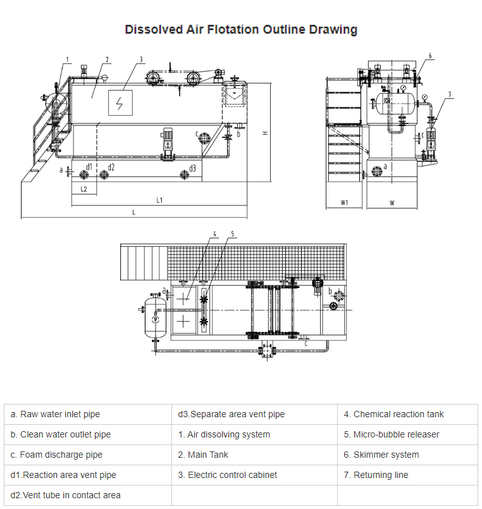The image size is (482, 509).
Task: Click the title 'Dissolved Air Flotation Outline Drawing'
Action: click(240, 30)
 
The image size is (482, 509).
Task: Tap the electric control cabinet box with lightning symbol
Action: click(119, 104)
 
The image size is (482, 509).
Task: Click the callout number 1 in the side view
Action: click(66, 60)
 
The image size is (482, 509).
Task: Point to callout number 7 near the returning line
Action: click(450, 94)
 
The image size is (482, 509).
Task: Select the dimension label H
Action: click(266, 133)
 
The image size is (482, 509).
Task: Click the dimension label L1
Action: click(160, 200)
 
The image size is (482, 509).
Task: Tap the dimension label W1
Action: click(345, 203)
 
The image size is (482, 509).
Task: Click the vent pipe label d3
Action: click(192, 168)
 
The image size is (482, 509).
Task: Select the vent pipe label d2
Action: click(111, 167)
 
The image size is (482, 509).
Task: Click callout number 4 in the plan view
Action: click(214, 234)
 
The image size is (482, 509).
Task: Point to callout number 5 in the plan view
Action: click(232, 234)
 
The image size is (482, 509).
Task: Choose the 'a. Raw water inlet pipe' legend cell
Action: click(88, 415)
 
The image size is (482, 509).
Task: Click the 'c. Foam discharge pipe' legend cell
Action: click(88, 455)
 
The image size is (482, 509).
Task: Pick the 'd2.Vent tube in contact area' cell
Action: click(88, 496)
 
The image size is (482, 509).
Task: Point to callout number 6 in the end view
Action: click(430, 56)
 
